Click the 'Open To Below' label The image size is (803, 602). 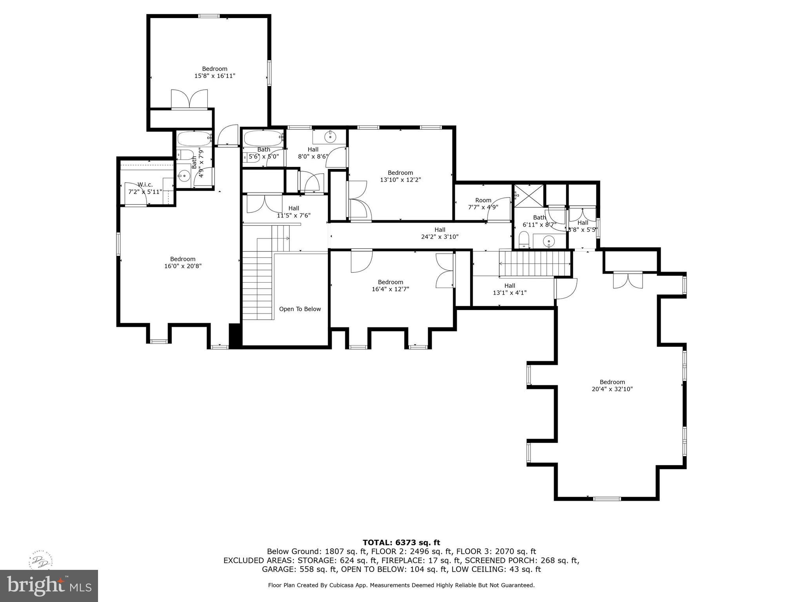pos(300,309)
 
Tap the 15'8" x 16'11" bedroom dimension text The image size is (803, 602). pos(214,76)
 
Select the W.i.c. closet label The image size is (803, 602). pos(145,185)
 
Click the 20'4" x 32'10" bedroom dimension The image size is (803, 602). pos(612,389)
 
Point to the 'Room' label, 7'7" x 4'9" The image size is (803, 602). pos(483,200)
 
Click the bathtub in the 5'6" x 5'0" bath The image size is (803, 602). pos(263,138)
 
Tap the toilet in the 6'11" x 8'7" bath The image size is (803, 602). pos(524,240)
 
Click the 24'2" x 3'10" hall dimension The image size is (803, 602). pos(440,237)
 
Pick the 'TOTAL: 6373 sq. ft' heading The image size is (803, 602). pos(401,542)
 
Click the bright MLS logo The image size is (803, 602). pos(49,586)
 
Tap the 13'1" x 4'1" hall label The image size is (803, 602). pos(509,289)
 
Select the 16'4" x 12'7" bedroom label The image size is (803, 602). pos(390,286)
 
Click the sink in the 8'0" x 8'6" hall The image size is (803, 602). pos(330,137)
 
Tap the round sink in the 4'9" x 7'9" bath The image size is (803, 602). pos(183,177)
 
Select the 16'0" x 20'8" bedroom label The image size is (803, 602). pos(183,263)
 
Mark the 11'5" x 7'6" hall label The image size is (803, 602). pos(294,212)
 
